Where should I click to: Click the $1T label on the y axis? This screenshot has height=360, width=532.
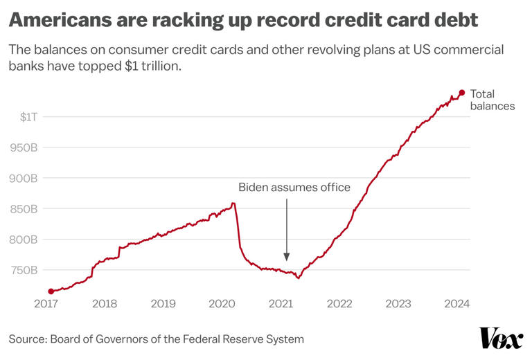(29, 117)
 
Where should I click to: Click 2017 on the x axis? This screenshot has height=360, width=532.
(46, 303)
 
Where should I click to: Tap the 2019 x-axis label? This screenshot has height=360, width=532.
(163, 303)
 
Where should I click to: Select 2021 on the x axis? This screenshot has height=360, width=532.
(281, 303)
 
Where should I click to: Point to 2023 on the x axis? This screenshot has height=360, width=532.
(398, 303)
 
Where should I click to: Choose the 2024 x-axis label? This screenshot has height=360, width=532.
(456, 303)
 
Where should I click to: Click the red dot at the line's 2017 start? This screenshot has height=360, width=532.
(51, 291)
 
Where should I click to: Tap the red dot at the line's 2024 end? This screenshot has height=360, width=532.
(461, 93)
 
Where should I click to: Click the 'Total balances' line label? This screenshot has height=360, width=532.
(492, 100)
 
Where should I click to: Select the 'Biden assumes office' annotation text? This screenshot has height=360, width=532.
(294, 187)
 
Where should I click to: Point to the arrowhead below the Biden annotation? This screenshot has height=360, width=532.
(286, 257)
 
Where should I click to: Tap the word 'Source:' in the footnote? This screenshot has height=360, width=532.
(27, 339)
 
